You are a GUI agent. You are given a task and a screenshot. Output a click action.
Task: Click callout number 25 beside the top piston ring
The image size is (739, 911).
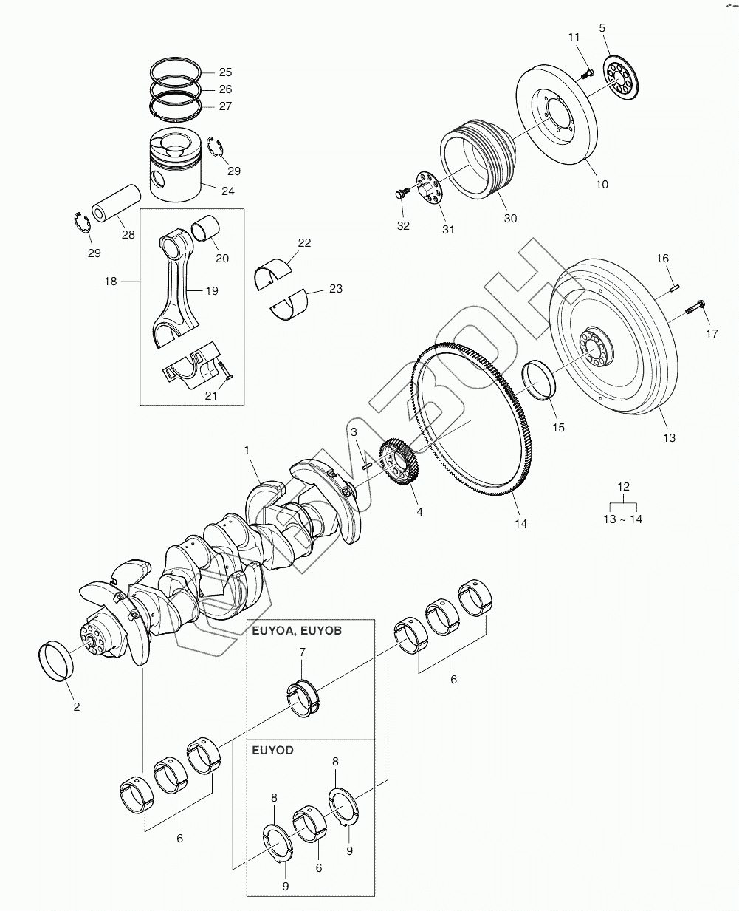225,72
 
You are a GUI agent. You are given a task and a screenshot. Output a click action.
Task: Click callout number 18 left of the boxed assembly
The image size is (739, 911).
111,282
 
